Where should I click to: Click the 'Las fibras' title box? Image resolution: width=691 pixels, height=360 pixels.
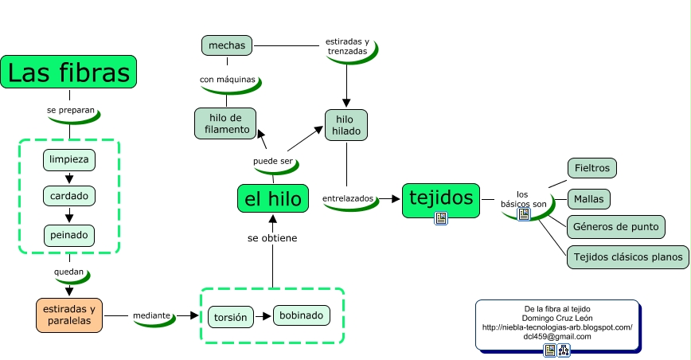68,72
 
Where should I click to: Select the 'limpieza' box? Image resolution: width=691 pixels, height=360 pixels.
69,159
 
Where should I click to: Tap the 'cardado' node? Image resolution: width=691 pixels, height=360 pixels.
69,196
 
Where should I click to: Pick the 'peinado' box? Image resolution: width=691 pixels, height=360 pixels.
69,235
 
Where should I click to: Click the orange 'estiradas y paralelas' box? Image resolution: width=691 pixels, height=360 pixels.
69,315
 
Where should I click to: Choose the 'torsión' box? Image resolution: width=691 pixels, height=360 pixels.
231,317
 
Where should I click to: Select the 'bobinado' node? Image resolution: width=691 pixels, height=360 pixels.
301,315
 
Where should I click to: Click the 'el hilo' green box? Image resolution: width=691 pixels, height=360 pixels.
273,198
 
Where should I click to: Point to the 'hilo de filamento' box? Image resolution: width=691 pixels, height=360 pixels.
226,123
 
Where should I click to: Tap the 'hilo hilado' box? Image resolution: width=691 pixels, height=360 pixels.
346,125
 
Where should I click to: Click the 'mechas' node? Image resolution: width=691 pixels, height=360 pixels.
227,45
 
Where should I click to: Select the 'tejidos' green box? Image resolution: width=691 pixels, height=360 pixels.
440,197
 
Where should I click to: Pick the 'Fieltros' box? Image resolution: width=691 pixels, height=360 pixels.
592,169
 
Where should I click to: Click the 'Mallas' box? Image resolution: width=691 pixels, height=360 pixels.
589,198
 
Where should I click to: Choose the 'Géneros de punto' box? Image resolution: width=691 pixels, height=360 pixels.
615,226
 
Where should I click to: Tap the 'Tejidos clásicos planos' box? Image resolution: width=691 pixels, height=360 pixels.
627,256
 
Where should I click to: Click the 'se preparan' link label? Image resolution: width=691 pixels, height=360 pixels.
71,110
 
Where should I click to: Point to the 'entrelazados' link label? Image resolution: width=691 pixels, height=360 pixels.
348,198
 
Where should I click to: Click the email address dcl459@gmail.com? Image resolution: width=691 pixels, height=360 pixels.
556,336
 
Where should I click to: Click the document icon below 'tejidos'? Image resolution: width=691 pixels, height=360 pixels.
440,218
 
